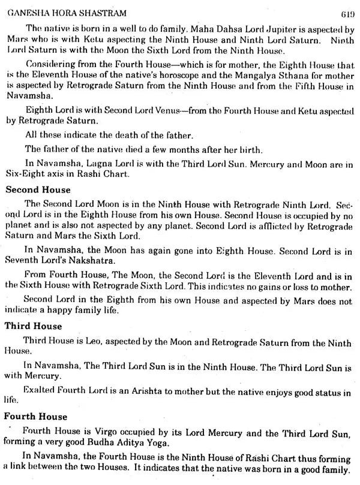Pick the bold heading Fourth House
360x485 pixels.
pos(35,415)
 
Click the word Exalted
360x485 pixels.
pos(38,390)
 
